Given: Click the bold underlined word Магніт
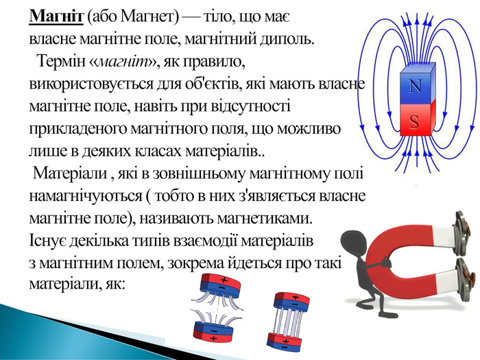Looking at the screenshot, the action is [56, 16].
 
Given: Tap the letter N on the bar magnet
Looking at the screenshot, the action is [415, 86].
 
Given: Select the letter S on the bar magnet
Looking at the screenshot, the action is [414, 121].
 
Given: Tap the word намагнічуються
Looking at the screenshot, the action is [86, 196].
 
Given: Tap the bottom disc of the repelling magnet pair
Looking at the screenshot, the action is [213, 331].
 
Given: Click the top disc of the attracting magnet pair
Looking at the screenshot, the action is [291, 300].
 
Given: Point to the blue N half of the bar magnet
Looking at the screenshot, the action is [417, 84].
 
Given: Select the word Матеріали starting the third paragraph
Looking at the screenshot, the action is [70, 173].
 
